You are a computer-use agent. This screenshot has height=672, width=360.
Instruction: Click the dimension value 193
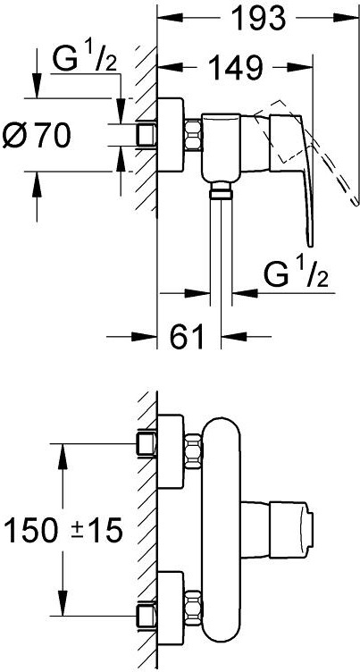[258, 18]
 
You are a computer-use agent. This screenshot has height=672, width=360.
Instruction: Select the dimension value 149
[235, 67]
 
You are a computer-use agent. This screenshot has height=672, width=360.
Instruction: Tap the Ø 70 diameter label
[37, 136]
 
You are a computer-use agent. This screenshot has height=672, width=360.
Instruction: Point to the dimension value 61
[186, 337]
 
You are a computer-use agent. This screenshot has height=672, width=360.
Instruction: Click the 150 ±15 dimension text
[63, 531]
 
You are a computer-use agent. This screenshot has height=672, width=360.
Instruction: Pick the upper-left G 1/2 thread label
[85, 59]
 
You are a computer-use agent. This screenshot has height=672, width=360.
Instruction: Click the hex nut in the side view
[193, 135]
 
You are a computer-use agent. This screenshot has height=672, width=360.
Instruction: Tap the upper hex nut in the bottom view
[193, 449]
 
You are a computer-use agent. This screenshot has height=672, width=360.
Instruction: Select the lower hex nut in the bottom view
[193, 605]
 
